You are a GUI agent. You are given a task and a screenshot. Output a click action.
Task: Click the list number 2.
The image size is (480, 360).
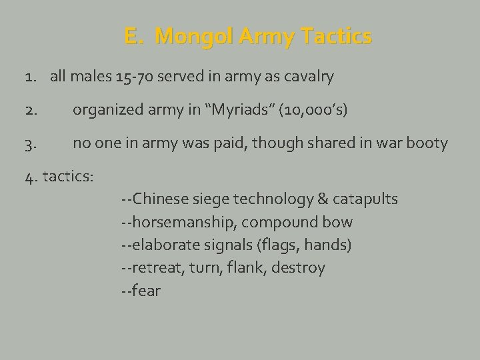[31, 110]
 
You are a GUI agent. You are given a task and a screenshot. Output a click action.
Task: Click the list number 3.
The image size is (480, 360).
[31, 143]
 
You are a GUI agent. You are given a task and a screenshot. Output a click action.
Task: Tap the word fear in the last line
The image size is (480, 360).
[146, 291]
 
